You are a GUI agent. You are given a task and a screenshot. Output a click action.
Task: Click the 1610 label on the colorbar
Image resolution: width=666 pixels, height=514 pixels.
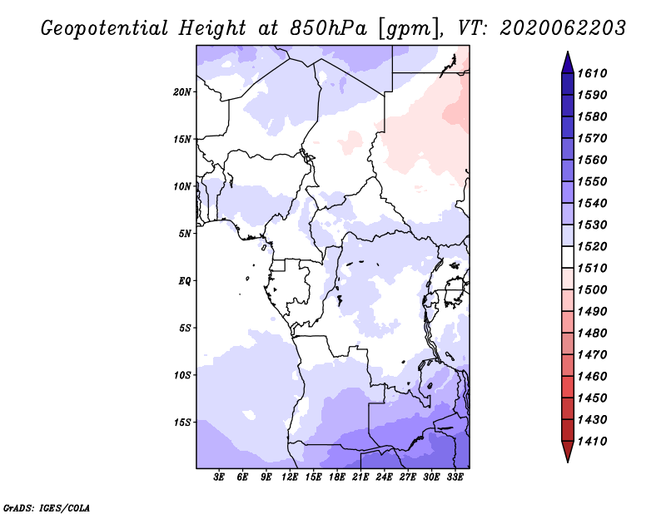[592, 73]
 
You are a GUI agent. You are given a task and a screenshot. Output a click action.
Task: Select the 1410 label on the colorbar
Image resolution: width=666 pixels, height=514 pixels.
[592, 441]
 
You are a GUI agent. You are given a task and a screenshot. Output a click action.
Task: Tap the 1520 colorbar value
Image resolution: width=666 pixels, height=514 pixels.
[592, 246]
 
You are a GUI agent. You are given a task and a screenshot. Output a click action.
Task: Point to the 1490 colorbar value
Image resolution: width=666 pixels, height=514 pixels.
[592, 311]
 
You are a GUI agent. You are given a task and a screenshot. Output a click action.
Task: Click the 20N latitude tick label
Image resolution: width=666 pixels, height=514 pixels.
[182, 92]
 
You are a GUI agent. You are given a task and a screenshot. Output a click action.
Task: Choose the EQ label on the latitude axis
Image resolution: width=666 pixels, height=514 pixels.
[184, 281]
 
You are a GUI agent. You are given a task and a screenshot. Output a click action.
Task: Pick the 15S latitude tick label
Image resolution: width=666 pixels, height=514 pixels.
[182, 423]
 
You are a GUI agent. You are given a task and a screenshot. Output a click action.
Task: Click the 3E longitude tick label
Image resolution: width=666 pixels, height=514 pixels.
[219, 477]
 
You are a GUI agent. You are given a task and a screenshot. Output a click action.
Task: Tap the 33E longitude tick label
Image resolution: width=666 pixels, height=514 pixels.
[455, 477]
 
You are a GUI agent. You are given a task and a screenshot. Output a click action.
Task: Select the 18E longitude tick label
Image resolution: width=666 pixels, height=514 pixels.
[337, 477]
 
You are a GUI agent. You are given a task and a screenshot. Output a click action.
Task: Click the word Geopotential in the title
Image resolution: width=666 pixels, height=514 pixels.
[105, 28]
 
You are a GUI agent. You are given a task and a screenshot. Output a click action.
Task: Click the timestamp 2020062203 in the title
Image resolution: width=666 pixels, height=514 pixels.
[563, 28]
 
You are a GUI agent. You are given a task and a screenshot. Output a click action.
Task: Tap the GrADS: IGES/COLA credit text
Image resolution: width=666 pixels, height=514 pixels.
[47, 508]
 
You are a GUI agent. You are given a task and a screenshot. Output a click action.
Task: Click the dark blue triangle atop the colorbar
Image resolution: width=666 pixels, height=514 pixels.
[568, 62]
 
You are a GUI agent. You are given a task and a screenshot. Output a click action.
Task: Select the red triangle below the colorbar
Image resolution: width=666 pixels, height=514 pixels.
[568, 452]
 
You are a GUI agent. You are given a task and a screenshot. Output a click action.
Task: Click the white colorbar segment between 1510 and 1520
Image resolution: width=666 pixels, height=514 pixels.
[568, 257]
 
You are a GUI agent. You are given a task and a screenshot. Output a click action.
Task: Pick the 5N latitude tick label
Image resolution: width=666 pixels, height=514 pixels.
[185, 234]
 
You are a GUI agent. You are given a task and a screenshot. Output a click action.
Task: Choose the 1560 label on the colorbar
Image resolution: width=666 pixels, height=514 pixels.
[592, 160]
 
